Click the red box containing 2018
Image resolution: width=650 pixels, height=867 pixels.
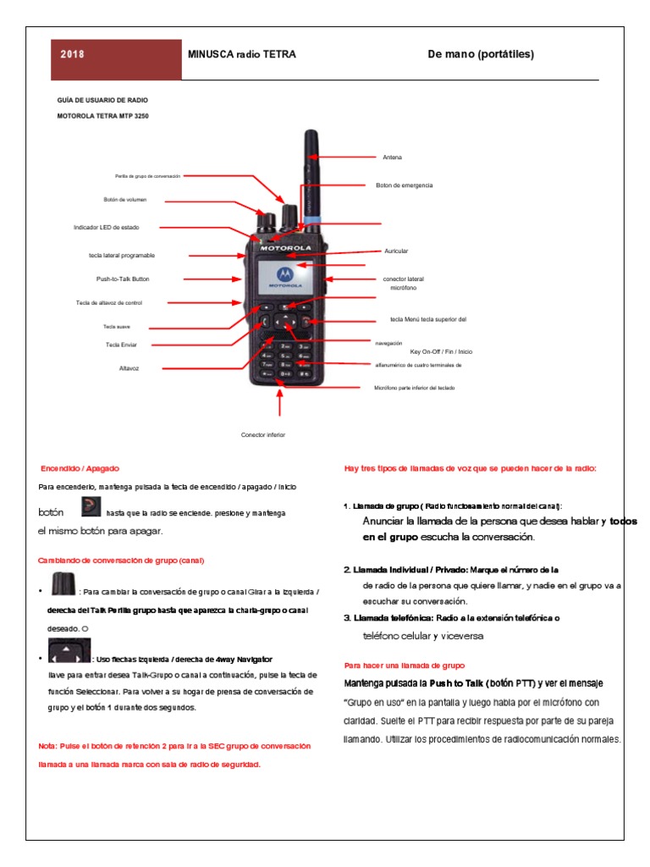point(117,55)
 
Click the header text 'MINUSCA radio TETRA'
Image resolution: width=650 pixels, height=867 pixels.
point(241,55)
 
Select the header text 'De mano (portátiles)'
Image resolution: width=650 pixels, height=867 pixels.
point(481,55)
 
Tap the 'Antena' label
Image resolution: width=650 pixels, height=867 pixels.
point(393,157)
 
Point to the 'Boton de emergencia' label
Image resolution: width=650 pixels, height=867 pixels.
point(404,185)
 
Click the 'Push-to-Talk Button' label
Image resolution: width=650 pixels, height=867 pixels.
point(123,279)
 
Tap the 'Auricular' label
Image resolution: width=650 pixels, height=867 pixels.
point(396,251)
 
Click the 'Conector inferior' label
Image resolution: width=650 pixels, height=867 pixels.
point(263,434)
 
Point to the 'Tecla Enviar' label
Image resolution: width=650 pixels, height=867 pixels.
point(122,345)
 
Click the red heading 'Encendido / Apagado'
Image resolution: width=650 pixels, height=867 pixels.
point(80,468)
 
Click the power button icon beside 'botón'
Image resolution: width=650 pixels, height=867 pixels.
point(91,508)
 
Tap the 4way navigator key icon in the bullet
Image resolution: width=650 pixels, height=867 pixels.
point(69,651)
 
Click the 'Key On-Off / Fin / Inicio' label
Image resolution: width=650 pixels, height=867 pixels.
point(441,351)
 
